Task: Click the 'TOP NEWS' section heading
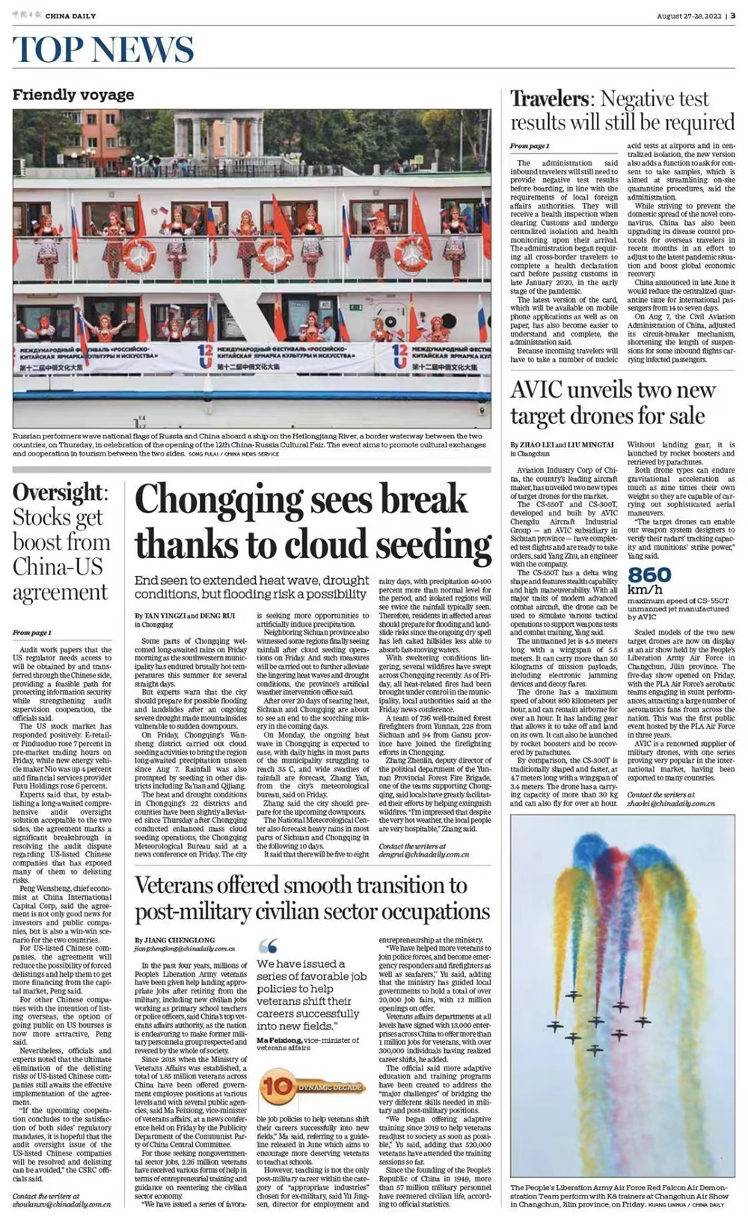[103, 50]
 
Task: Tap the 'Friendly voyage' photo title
[73, 95]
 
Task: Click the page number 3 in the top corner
[732, 15]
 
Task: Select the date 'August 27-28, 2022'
[688, 16]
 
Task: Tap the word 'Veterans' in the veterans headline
[184, 886]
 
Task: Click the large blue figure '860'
[649, 574]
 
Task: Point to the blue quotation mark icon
[267, 945]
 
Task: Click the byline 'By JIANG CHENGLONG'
[174, 940]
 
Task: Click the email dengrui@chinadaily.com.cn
[424, 853]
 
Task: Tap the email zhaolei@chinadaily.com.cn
[671, 803]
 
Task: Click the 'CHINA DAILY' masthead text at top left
[70, 15]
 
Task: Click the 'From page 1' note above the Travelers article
[530, 146]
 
